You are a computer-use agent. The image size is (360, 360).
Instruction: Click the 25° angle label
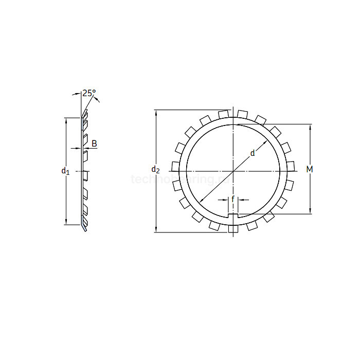click(89, 93)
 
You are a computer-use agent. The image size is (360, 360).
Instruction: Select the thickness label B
click(94, 143)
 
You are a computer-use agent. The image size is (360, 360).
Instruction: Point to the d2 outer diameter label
click(155, 169)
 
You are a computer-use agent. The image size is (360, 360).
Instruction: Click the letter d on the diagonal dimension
click(252, 153)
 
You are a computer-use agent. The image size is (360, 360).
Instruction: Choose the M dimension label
click(310, 169)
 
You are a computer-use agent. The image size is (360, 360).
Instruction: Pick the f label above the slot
click(233, 199)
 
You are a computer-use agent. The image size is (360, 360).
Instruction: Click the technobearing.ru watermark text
click(180, 179)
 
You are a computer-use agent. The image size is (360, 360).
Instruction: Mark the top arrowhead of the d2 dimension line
click(156, 112)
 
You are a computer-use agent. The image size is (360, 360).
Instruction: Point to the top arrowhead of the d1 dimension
click(66, 120)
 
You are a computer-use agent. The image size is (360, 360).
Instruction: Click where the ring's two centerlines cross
click(233, 171)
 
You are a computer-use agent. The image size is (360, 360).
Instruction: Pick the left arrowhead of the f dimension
click(226, 199)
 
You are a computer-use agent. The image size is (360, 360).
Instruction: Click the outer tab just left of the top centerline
click(223, 114)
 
